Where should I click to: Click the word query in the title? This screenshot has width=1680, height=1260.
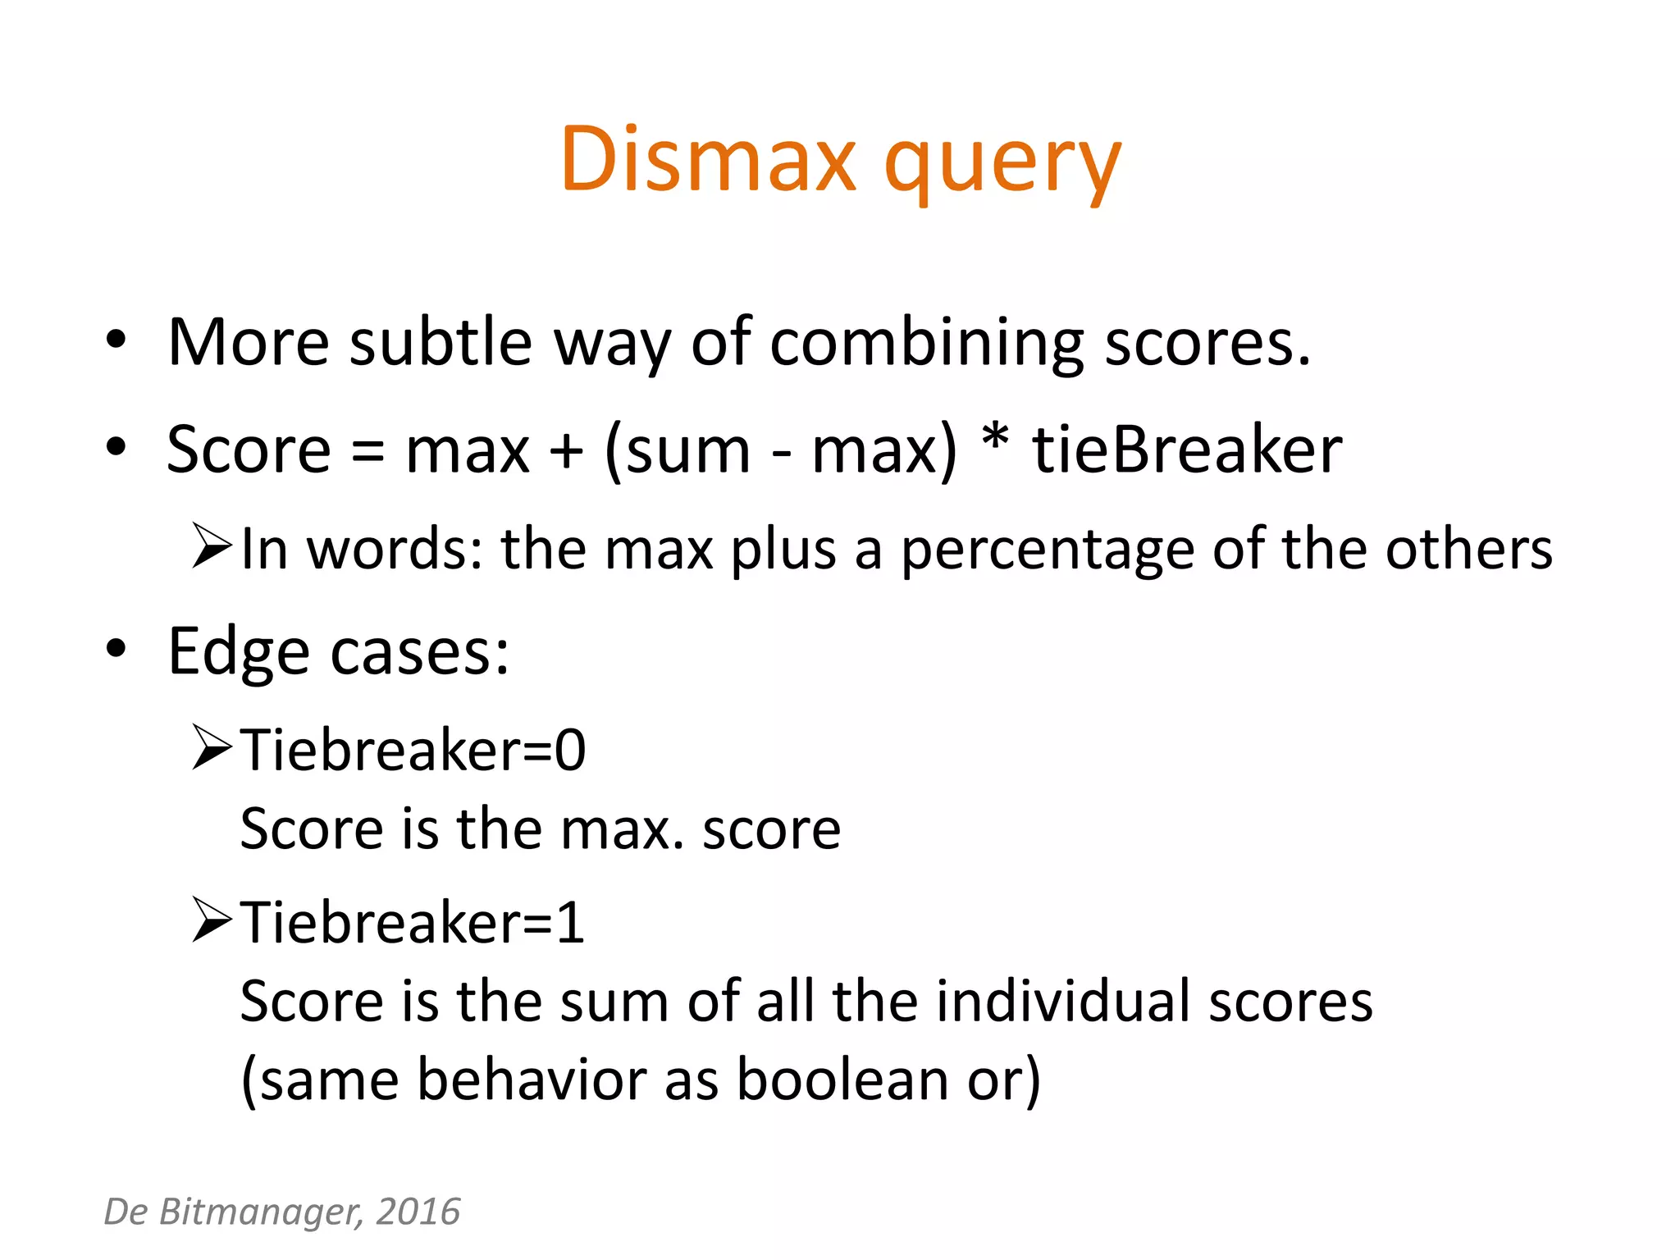[x=1002, y=164]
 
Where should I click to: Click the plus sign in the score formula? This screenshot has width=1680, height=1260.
[x=566, y=452]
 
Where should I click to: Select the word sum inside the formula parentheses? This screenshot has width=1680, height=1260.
[x=687, y=452]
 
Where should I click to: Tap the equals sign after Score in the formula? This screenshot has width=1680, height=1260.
[x=367, y=452]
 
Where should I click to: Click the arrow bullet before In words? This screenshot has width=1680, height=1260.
[x=212, y=546]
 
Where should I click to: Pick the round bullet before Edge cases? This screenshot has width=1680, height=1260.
[x=116, y=649]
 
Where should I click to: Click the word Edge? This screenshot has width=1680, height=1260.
[x=238, y=652]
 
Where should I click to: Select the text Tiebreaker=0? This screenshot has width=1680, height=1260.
[x=413, y=750]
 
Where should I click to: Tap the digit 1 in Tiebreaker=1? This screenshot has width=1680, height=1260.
[x=570, y=923]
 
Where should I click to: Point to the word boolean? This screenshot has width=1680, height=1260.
[x=842, y=1080]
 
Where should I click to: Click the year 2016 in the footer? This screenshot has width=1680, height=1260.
[x=418, y=1212]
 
